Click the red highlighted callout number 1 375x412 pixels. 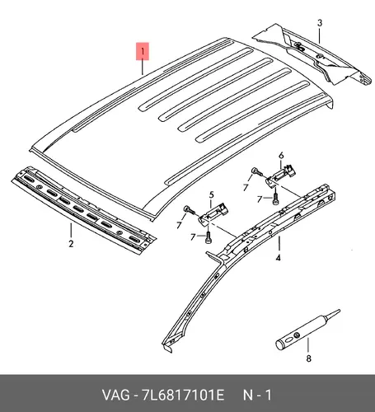(143, 51)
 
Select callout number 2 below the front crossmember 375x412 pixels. (71, 244)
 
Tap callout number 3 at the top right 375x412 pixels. (320, 23)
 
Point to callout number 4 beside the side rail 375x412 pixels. (279, 258)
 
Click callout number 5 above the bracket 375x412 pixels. (211, 195)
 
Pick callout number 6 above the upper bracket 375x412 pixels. (281, 156)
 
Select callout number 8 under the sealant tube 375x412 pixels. (309, 358)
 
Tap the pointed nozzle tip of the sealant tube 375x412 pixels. (340, 311)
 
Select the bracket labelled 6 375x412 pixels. (281, 176)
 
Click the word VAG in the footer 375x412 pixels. (115, 396)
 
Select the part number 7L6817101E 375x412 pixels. (183, 396)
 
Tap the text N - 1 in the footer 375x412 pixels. (257, 396)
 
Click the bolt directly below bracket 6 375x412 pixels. (275, 199)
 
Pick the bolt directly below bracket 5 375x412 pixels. (208, 237)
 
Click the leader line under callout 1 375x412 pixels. (143, 68)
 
